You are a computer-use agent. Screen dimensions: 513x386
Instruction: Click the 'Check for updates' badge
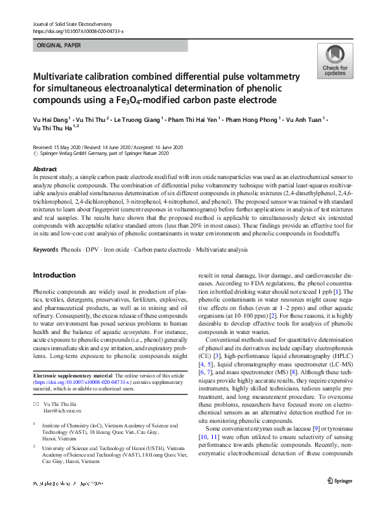pos(334,62)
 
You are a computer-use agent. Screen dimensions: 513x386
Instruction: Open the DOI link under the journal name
pos(78,31)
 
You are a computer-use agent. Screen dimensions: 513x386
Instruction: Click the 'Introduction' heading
pos(54,275)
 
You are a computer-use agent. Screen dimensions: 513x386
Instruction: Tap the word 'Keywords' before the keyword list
pos(45,232)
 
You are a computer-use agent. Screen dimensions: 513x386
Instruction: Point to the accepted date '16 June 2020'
pos(167,147)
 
